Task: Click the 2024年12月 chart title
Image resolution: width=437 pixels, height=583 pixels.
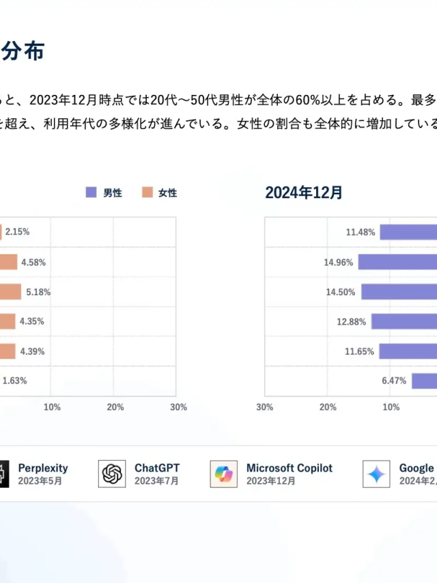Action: point(304,193)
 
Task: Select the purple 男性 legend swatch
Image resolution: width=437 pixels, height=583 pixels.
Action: point(91,193)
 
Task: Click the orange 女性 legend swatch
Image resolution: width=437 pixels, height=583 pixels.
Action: point(147,193)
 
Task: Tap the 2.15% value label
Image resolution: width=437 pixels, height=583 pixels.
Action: point(17,232)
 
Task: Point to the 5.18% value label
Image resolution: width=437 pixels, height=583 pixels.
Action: point(38,292)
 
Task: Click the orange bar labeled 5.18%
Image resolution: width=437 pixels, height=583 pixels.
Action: point(10,292)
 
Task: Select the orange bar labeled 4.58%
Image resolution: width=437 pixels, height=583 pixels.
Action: point(8,262)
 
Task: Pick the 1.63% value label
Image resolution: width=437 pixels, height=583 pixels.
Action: point(14,381)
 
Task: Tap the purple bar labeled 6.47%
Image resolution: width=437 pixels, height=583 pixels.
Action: point(424,381)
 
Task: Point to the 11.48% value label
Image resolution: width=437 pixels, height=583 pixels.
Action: point(361,232)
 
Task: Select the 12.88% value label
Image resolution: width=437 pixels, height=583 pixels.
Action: point(351,321)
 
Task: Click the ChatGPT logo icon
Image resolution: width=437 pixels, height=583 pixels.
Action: point(112,474)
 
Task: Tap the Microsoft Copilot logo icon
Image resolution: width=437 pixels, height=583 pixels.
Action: point(224,474)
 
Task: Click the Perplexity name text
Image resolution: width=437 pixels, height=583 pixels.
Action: point(43,468)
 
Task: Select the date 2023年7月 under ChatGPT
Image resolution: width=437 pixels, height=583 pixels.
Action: point(152,480)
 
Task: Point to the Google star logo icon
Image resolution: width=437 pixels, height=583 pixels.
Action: point(376,474)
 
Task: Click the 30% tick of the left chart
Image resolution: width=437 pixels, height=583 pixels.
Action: point(178,407)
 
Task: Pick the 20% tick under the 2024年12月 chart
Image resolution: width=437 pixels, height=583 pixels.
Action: point(328,407)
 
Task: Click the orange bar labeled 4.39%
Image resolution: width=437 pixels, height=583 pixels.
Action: point(8,351)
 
